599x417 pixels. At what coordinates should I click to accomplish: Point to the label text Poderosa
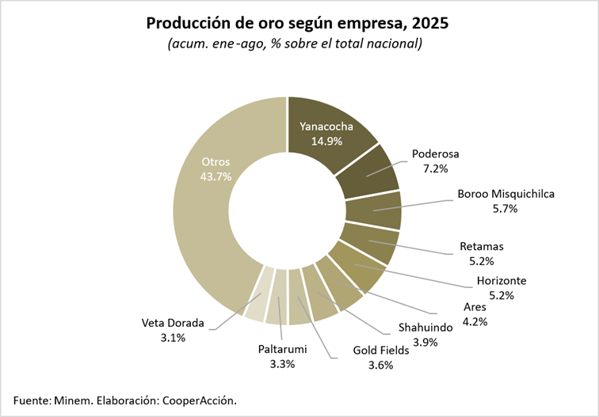436,154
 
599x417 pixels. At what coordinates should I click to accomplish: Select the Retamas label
482,246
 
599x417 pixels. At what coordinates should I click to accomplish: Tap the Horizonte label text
502,280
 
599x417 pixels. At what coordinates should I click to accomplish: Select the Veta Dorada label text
173,323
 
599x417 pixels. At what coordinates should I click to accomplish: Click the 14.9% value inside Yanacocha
326,141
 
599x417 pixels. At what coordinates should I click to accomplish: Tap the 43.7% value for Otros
216,176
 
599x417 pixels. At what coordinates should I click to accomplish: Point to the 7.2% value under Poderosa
435,169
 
